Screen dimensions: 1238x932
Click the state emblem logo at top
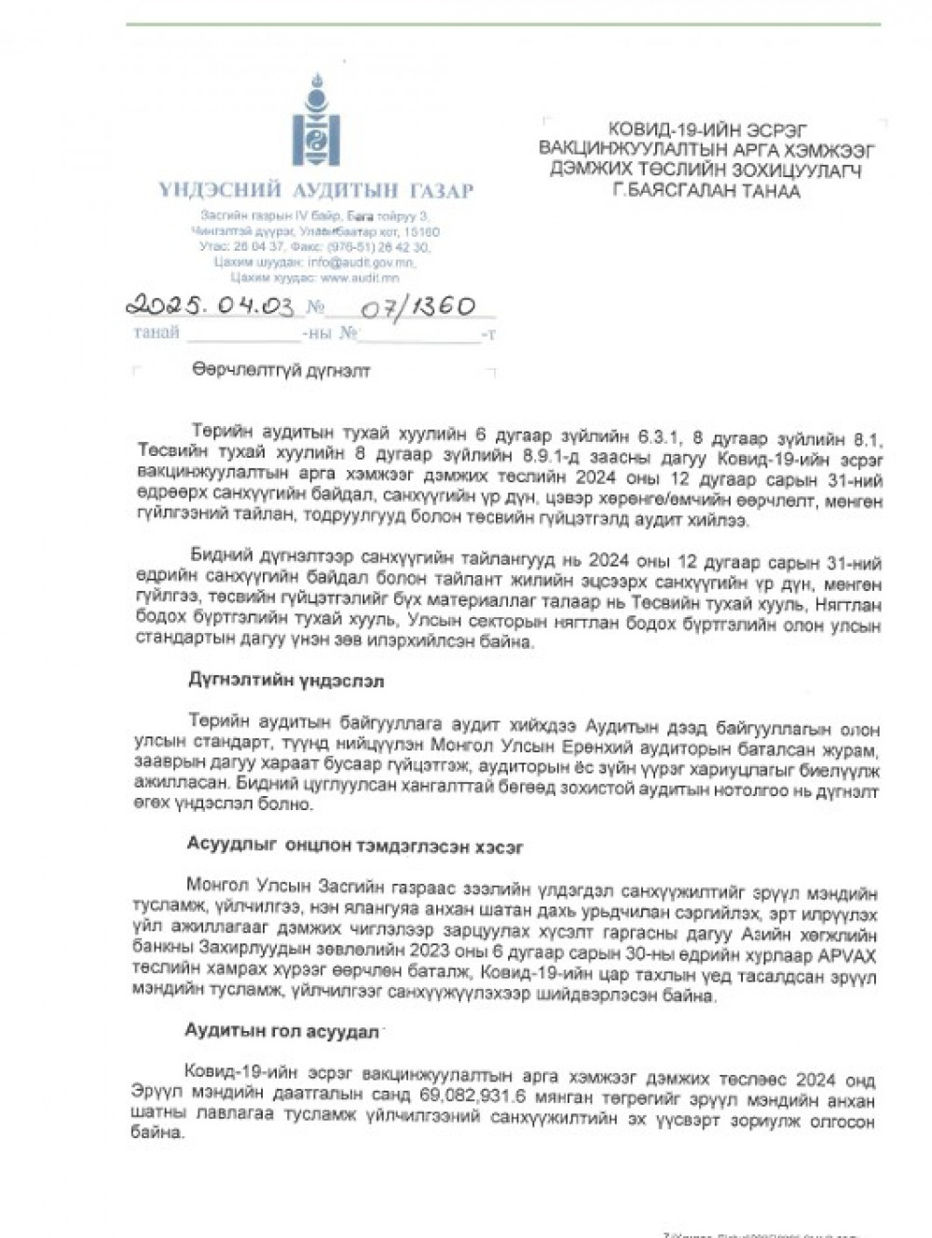pos(316,122)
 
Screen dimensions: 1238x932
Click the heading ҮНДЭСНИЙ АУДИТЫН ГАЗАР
pos(316,191)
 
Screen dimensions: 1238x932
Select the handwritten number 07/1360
pos(418,307)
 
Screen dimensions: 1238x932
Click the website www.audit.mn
pos(360,278)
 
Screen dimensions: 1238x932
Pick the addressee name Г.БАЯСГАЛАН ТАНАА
pos(706,191)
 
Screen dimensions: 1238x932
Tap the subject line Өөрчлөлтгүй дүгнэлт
pos(281,371)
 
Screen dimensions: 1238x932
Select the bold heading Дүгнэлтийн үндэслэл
pos(286,681)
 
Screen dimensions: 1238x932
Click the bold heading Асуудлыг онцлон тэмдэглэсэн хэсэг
pos(355,846)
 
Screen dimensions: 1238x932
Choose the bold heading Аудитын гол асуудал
pos(281,1032)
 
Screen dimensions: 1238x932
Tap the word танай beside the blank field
pos(156,333)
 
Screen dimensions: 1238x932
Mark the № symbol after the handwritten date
pos(315,307)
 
